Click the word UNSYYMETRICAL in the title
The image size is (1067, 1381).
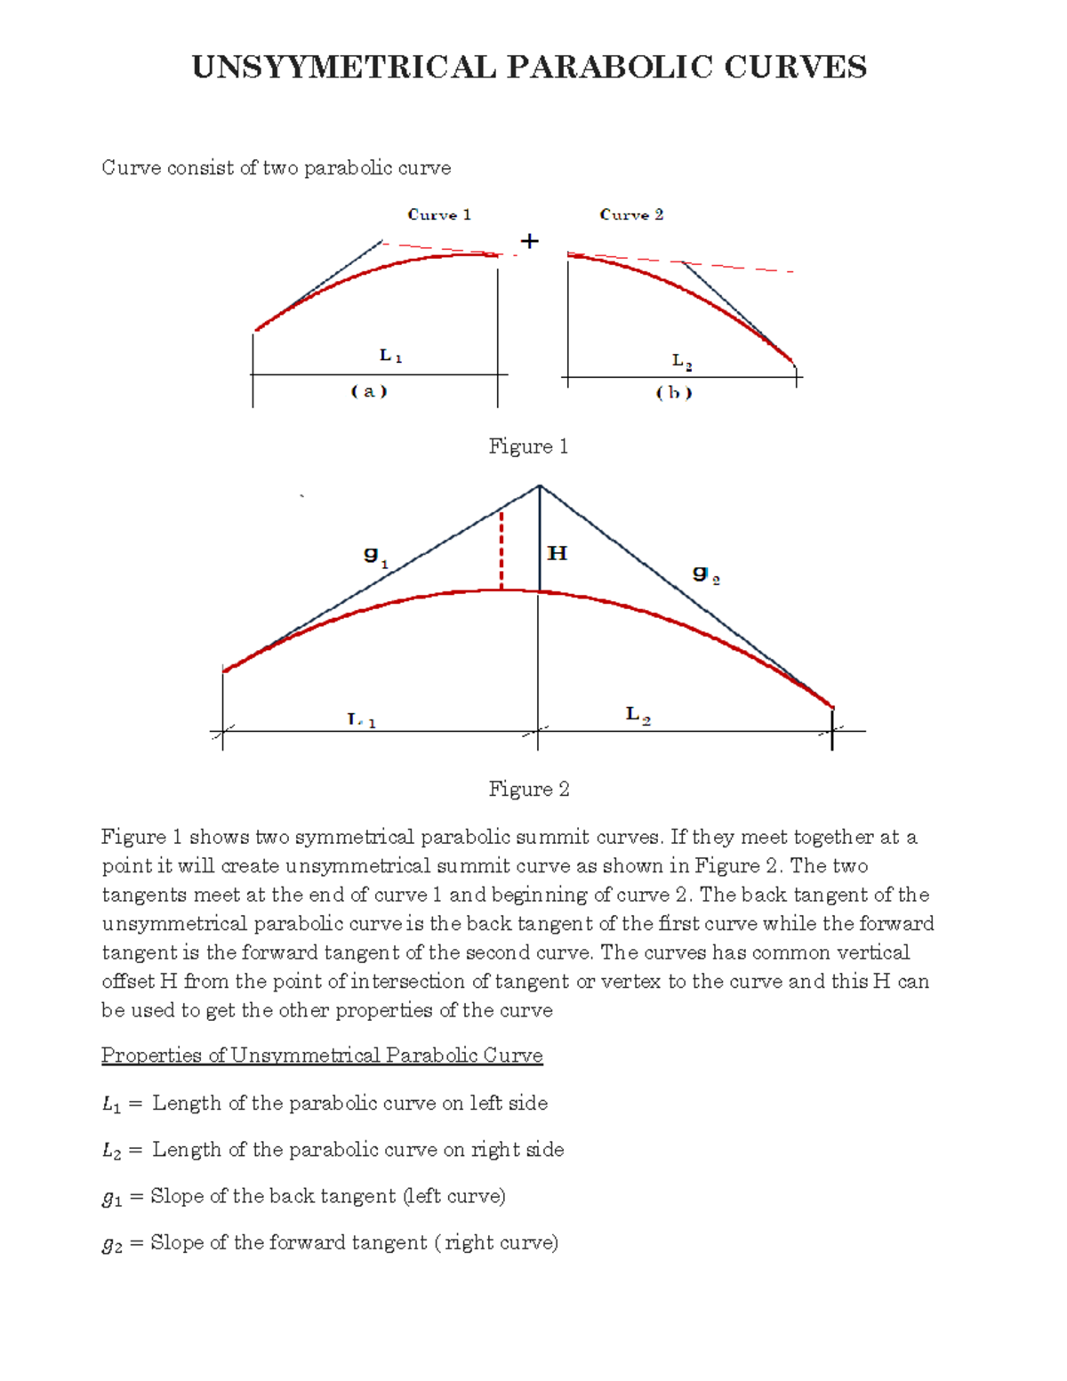(x=343, y=68)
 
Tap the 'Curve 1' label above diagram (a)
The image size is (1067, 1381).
(x=439, y=214)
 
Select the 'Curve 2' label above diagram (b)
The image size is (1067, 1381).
(x=631, y=214)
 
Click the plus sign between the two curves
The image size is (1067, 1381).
(x=530, y=241)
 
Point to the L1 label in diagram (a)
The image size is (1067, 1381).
(x=390, y=356)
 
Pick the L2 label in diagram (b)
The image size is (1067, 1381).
(x=682, y=361)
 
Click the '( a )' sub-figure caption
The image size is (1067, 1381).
(x=369, y=391)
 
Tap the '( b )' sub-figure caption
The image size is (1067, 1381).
(x=674, y=392)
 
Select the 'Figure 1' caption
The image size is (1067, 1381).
(x=528, y=446)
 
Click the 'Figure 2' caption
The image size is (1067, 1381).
(x=529, y=789)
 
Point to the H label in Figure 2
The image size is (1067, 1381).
(x=558, y=554)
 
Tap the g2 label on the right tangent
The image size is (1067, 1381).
(x=706, y=574)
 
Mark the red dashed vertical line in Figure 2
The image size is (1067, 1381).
(x=501, y=551)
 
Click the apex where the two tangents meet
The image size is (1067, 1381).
(x=540, y=486)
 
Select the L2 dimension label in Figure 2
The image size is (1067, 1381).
(x=638, y=715)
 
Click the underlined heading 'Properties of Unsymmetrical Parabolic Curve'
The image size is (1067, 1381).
(x=322, y=1056)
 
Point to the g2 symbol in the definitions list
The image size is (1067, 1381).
(x=112, y=1244)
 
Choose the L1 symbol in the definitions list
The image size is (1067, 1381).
(x=111, y=1104)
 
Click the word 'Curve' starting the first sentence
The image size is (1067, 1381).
(x=131, y=168)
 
